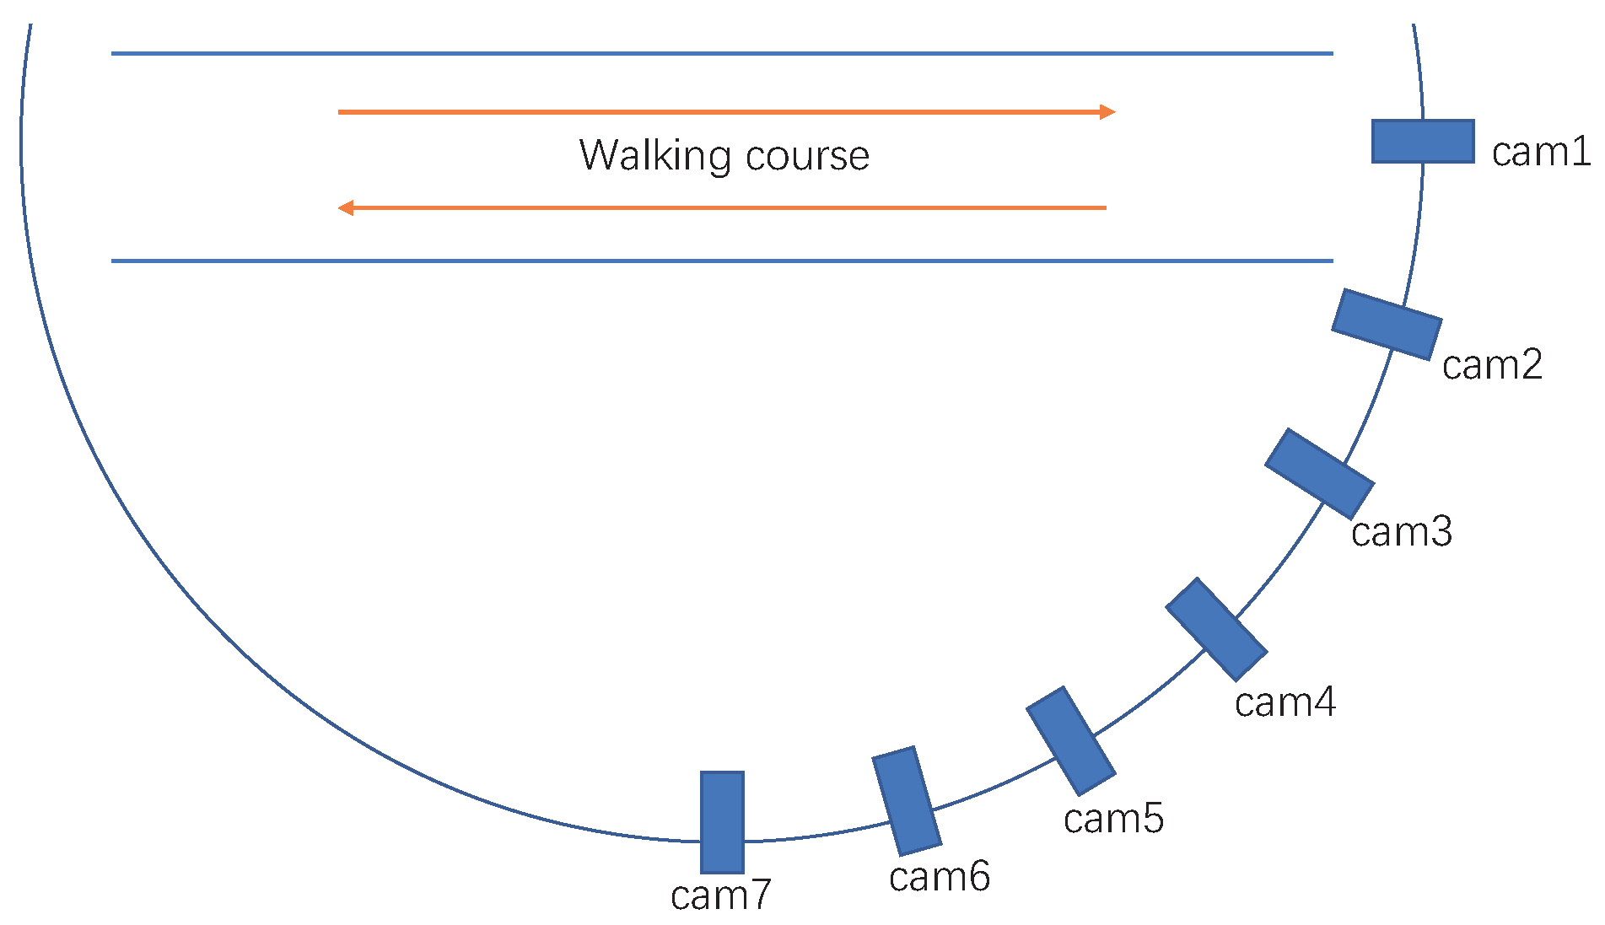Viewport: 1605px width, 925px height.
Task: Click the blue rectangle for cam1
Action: click(x=1422, y=142)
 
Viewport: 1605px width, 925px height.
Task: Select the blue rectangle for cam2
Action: click(x=1387, y=325)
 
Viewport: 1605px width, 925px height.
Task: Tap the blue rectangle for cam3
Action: click(x=1319, y=474)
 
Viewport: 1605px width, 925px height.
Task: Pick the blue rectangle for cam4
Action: click(x=1216, y=630)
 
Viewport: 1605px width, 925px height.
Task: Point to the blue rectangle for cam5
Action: click(x=1071, y=741)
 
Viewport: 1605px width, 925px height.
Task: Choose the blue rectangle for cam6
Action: click(x=907, y=801)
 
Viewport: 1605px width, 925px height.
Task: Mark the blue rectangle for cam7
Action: click(x=722, y=822)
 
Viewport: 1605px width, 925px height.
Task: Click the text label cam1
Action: click(x=1540, y=153)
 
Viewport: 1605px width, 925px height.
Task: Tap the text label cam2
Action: click(x=1492, y=366)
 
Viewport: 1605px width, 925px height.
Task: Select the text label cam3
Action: click(x=1401, y=532)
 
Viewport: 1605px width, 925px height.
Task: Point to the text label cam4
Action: click(x=1285, y=702)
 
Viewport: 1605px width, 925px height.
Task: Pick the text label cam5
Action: click(x=1113, y=819)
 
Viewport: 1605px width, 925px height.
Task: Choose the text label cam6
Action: click(x=939, y=877)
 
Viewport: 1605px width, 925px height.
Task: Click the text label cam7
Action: click(x=721, y=895)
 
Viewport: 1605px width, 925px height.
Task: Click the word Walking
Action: click(x=654, y=156)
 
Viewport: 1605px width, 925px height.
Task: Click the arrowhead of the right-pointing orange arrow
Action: click(x=1108, y=111)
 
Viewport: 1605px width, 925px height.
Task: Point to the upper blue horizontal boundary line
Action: click(x=721, y=53)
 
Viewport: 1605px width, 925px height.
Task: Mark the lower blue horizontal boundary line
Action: click(x=721, y=261)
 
